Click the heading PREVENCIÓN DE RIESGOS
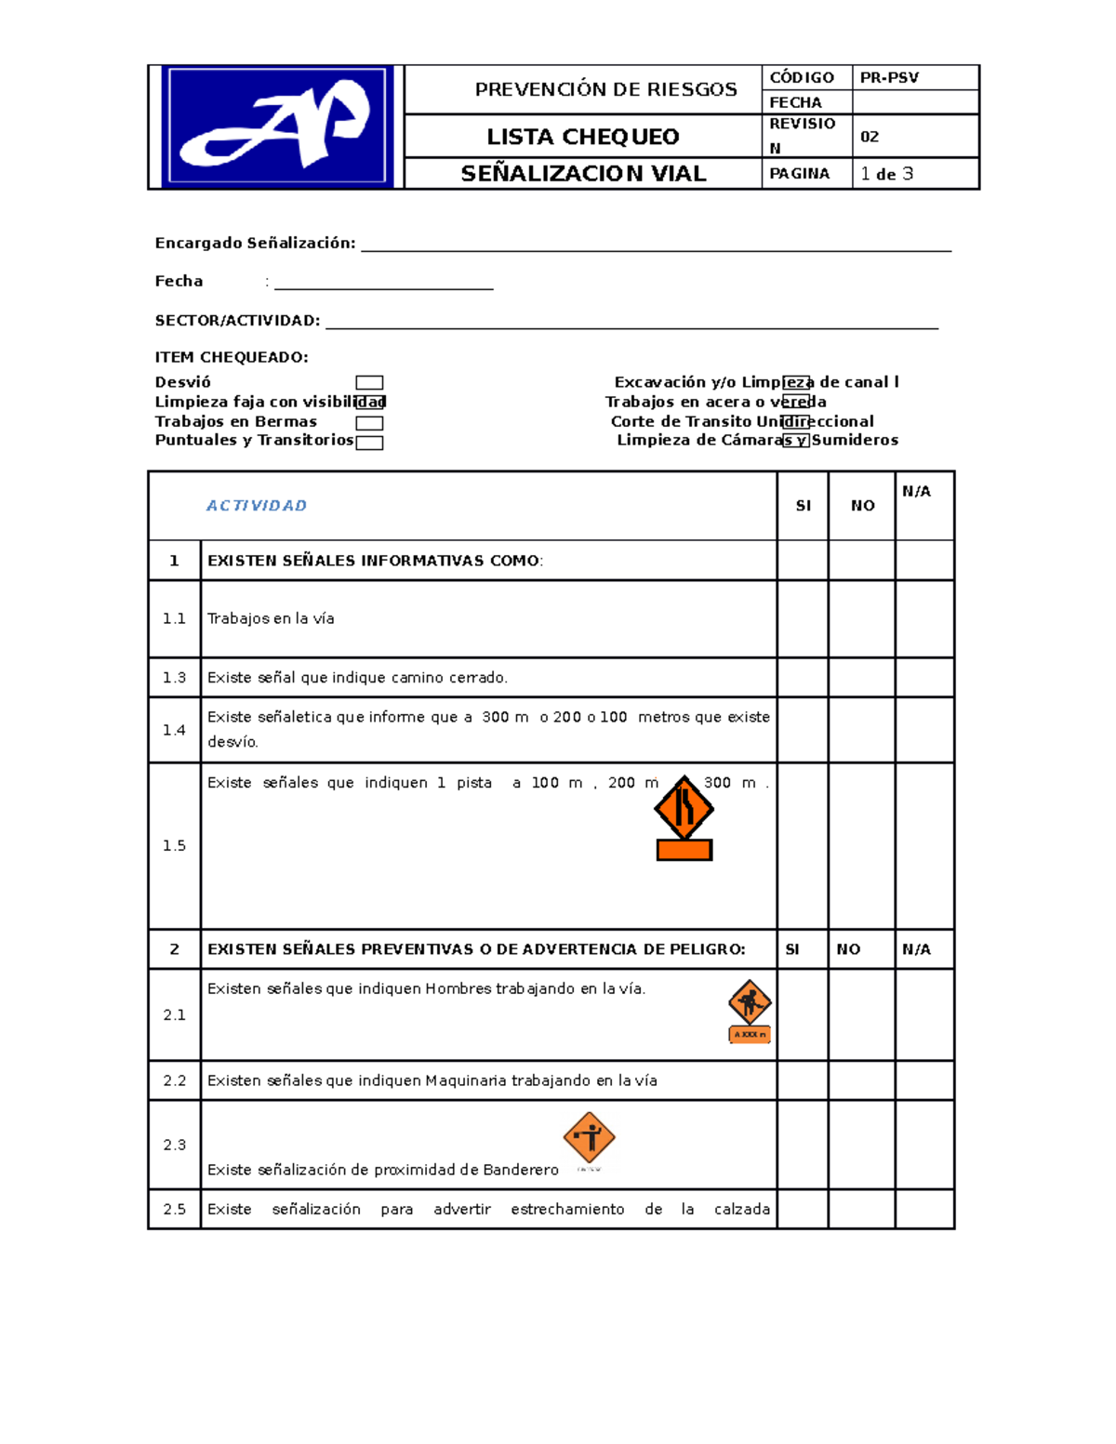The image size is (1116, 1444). [605, 89]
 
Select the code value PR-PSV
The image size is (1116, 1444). [889, 78]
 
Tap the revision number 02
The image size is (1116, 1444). [870, 137]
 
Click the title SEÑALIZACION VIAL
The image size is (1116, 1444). [583, 174]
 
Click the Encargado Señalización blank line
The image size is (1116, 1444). [656, 244]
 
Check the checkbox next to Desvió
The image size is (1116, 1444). [369, 383]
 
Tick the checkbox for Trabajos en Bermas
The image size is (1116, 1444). [369, 423]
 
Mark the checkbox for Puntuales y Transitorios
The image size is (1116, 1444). [369, 443]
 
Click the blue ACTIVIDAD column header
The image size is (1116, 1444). [257, 506]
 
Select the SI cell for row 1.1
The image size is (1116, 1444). [803, 619]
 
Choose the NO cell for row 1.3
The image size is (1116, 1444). [861, 678]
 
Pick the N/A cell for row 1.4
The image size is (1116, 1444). [924, 730]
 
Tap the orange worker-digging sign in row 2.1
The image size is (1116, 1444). [750, 1002]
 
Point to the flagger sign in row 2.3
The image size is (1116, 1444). [589, 1137]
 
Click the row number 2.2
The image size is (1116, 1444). [175, 1080]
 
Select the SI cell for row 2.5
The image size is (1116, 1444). [803, 1210]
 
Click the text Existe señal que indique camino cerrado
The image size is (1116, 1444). [357, 678]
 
